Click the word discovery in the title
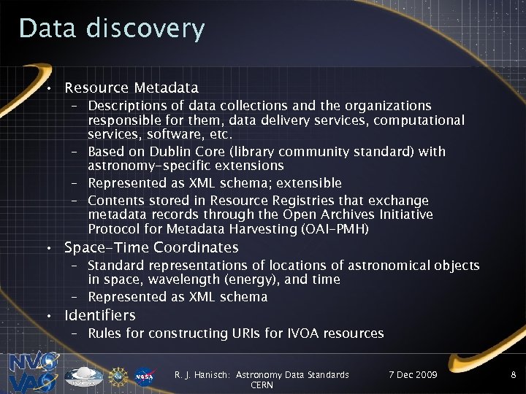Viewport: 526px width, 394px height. coord(145,29)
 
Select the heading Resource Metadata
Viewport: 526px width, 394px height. coord(131,88)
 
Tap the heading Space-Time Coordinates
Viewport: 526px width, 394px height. coord(151,248)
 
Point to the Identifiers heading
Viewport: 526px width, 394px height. coord(100,316)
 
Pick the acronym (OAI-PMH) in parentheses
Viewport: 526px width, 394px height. coord(334,229)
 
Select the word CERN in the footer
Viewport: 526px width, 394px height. coord(262,385)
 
